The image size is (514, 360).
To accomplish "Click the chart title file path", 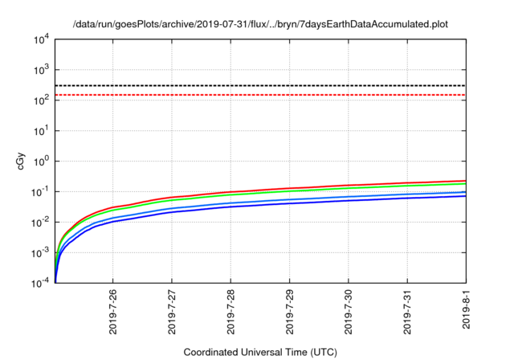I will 259,25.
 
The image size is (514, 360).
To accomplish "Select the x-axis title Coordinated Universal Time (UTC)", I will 260,352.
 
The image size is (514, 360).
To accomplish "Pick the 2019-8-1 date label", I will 467,313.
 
